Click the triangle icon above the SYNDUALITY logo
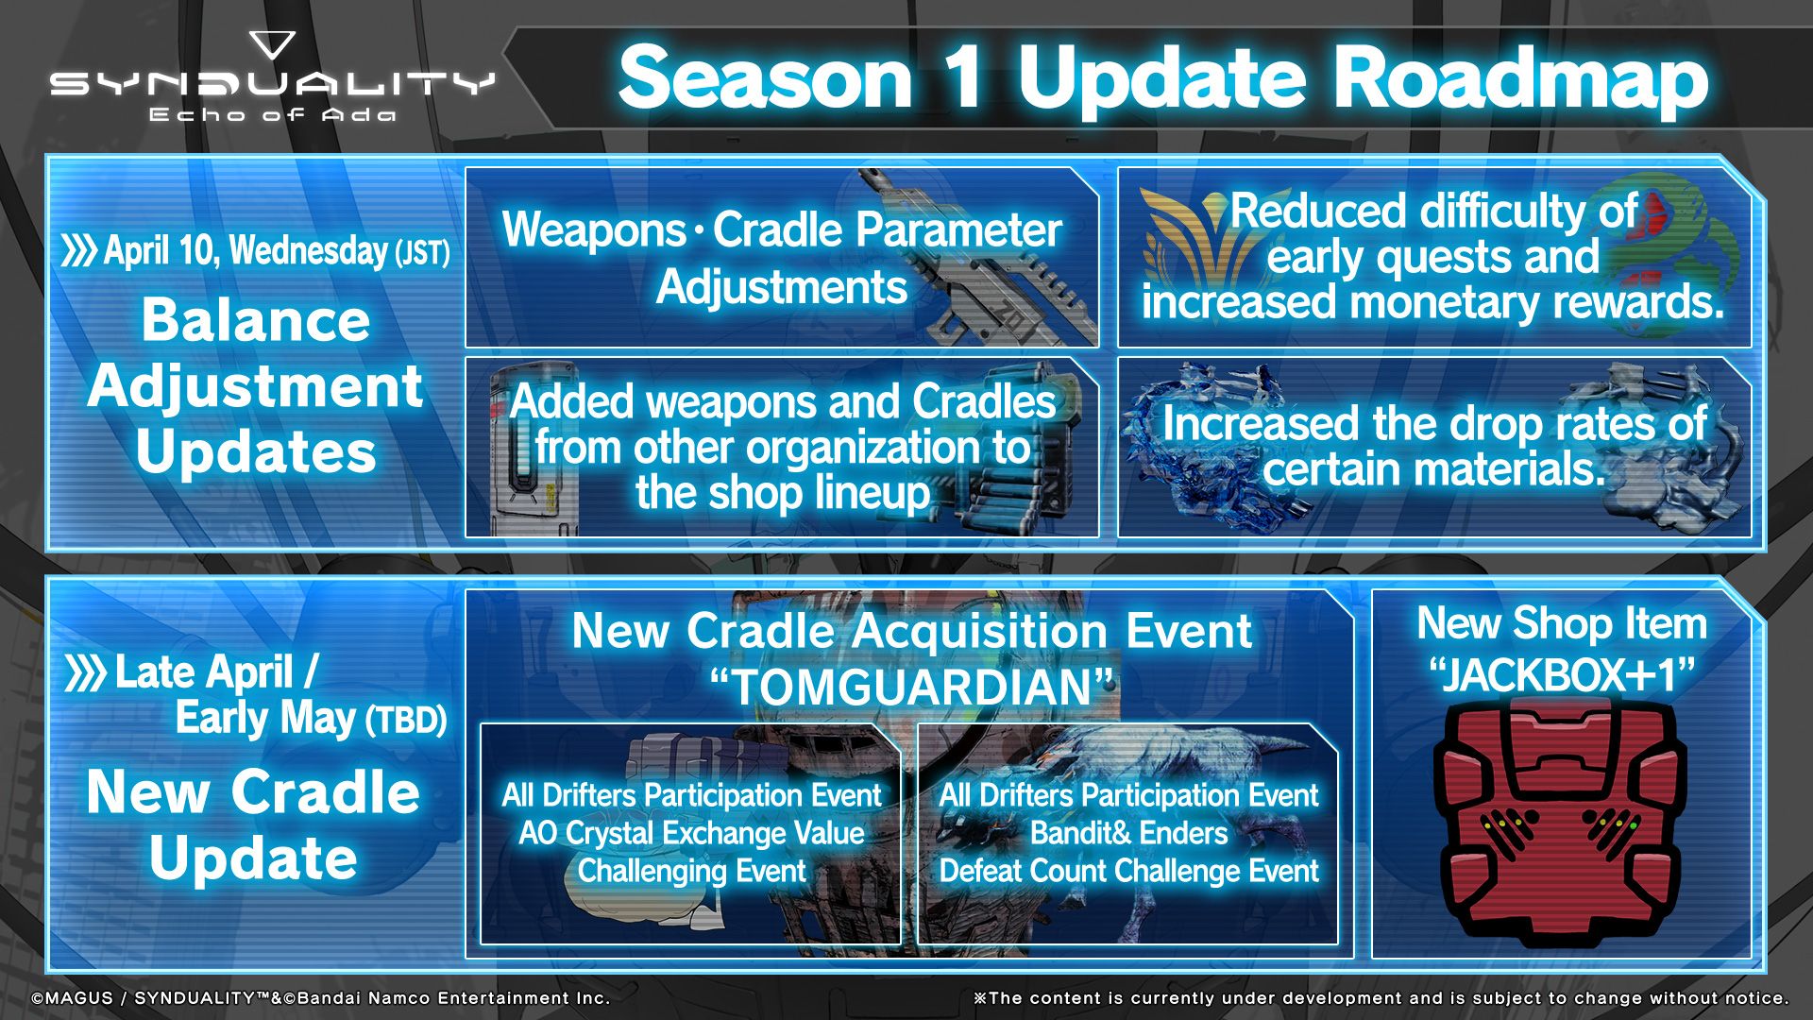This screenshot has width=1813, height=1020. (273, 44)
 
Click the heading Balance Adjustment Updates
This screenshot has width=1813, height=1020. (255, 385)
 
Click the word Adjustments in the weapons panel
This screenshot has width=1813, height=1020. (782, 287)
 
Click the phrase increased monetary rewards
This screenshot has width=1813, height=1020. (1433, 302)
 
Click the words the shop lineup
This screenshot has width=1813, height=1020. (782, 493)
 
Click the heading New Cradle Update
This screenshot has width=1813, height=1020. (253, 824)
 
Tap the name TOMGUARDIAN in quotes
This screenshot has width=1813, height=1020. (912, 687)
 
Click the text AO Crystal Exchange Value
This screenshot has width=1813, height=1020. (691, 833)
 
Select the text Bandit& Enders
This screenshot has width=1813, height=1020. (1128, 833)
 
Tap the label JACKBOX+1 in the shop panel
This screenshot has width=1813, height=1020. (1562, 674)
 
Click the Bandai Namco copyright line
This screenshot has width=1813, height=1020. (321, 997)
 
